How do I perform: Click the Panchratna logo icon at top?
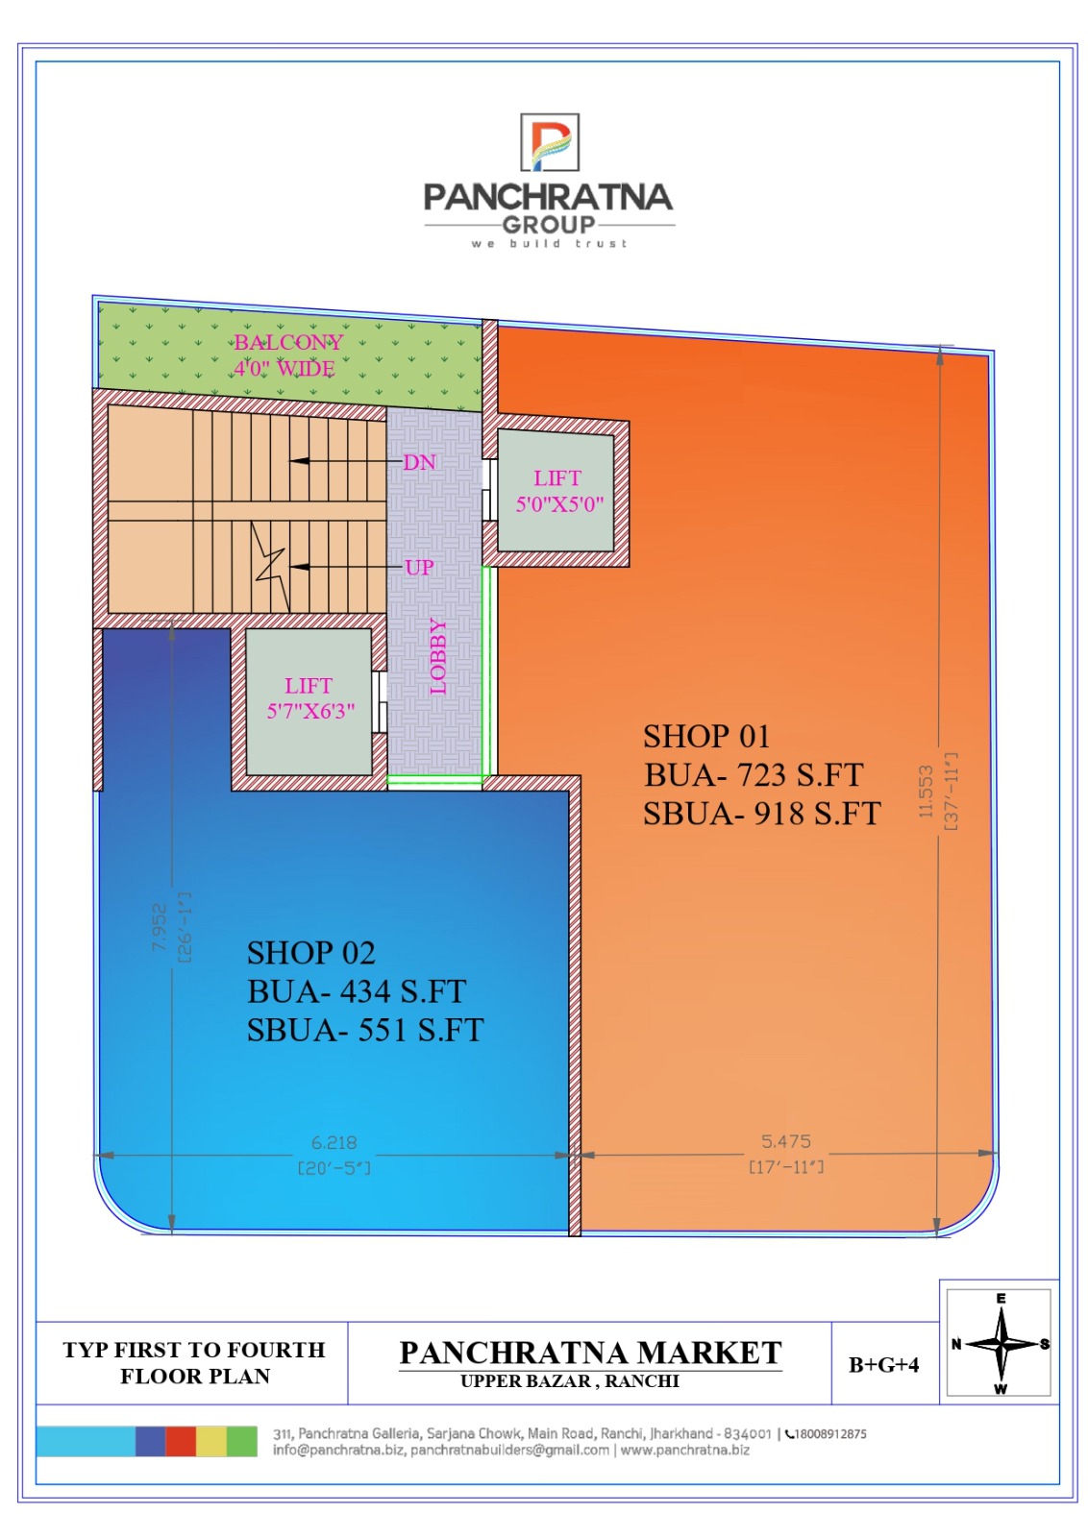[549, 142]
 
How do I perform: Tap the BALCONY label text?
[288, 342]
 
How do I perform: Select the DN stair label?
[419, 462]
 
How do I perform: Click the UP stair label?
[419, 568]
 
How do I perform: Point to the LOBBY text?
[438, 656]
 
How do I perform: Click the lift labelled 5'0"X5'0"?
[556, 490]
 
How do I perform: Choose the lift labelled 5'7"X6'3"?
[309, 701]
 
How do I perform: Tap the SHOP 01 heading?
[706, 736]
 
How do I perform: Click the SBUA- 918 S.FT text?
[762, 814]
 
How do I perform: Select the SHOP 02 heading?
[311, 953]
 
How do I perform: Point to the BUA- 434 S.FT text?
[357, 991]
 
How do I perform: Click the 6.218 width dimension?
[334, 1142]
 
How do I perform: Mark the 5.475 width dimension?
[786, 1141]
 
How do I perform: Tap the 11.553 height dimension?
[926, 792]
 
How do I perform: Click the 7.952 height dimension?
[159, 927]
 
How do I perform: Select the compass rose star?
[1001, 1344]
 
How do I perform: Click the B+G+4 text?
[883, 1365]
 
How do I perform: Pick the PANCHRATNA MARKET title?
[590, 1354]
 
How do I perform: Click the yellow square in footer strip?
[211, 1441]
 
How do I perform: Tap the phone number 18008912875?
[829, 1434]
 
